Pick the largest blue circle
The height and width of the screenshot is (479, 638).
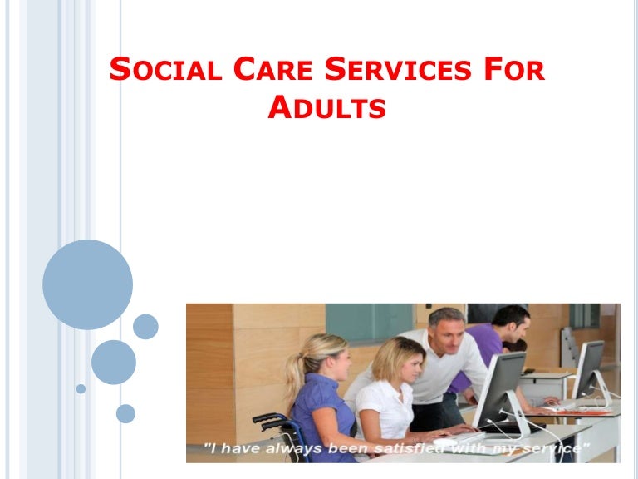point(87,284)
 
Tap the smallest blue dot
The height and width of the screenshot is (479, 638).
point(81,388)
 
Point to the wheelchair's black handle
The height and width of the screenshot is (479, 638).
point(264,417)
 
